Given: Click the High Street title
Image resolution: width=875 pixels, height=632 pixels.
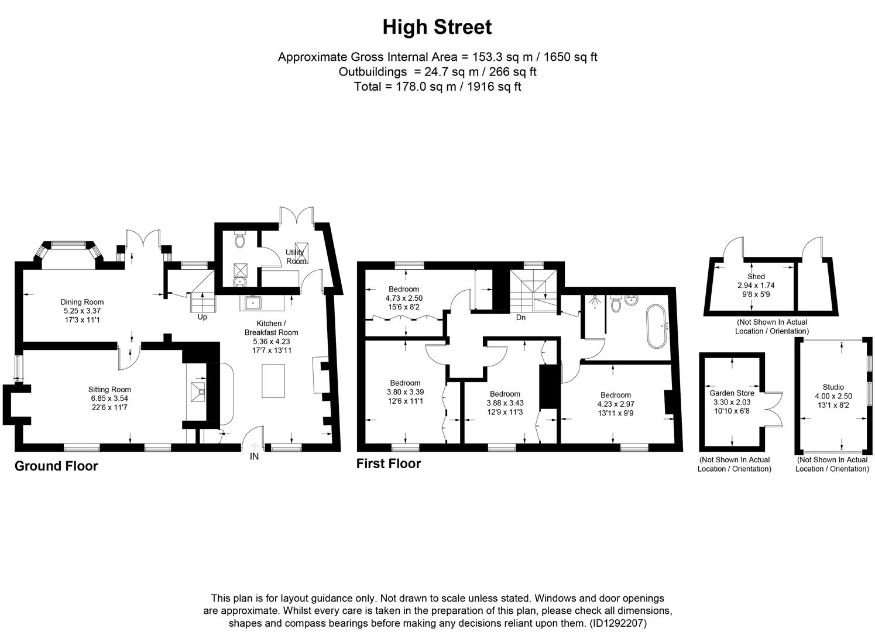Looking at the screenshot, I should tap(437, 27).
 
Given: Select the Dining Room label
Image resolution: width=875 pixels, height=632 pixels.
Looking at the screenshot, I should tap(82, 302).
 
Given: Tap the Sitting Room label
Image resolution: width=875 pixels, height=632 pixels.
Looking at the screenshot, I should tap(109, 389).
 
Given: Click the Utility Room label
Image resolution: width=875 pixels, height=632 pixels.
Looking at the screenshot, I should tap(296, 256).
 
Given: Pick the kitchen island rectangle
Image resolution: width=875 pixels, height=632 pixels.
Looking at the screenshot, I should tap(272, 380).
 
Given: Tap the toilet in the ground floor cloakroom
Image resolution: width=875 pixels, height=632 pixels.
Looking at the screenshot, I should tap(240, 241).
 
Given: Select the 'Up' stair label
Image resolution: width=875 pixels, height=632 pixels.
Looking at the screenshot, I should tap(202, 317).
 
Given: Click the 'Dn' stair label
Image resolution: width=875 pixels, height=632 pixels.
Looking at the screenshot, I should tap(520, 317).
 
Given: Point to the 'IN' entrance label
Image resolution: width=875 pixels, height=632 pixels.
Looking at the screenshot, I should tap(254, 456).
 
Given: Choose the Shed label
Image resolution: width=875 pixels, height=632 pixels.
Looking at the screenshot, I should tap(756, 277).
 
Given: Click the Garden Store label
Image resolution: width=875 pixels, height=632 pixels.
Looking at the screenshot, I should tap(732, 393).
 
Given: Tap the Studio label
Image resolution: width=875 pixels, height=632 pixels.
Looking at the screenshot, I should tap(833, 387).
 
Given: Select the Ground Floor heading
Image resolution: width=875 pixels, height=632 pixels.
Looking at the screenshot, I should tap(56, 466).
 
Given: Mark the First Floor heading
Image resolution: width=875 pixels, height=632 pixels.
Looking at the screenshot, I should tap(389, 463).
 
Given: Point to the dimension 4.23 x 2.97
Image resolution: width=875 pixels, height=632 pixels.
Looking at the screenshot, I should tap(615, 404).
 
